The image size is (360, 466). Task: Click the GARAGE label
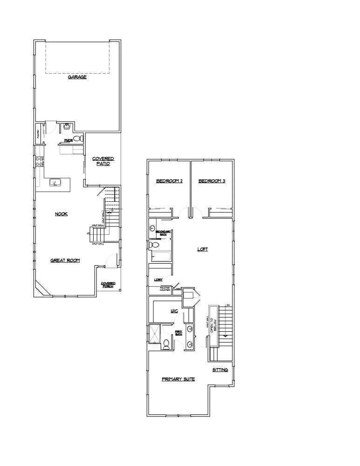(77, 77)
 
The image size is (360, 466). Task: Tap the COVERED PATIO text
(103, 161)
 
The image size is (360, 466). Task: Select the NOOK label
(61, 214)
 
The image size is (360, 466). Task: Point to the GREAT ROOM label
(65, 260)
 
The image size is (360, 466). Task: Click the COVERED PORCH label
(108, 285)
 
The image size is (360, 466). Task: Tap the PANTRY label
(39, 134)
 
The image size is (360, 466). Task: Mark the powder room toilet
(77, 138)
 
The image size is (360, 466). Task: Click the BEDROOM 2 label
(169, 181)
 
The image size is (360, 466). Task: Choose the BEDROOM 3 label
(212, 181)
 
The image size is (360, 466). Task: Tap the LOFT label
(202, 249)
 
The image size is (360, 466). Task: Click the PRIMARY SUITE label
(178, 379)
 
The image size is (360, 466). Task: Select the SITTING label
(220, 370)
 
